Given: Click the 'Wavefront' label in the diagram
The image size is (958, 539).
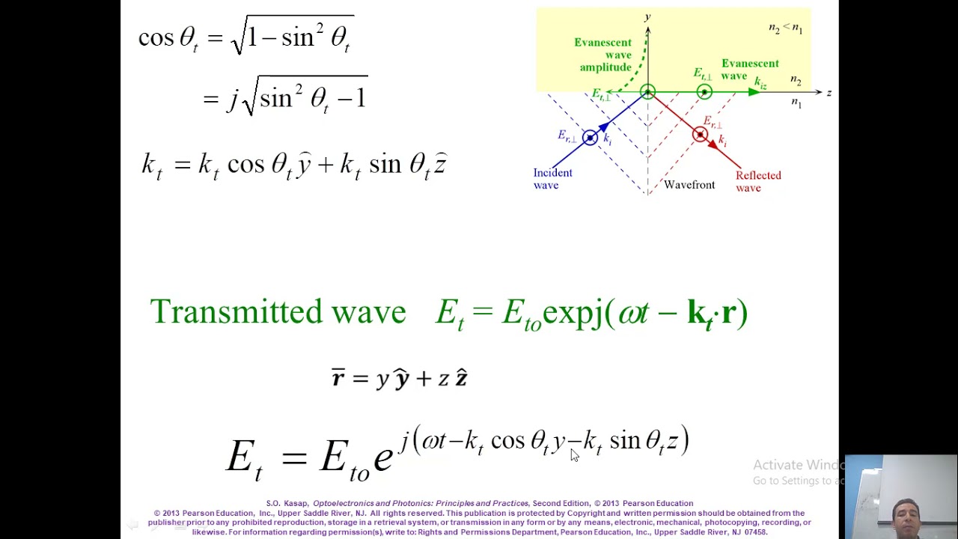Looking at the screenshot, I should coord(689,185).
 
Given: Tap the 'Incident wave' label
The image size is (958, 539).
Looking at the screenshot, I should coord(552,179).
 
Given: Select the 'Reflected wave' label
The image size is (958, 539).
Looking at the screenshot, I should coord(757,181).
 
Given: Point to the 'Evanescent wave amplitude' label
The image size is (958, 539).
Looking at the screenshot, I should coord(603,55).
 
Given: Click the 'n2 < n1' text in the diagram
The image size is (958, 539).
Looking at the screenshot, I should coord(785,28).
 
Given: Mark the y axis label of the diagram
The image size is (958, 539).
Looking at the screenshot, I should coord(647,17).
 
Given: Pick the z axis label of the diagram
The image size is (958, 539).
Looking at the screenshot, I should coord(829,93).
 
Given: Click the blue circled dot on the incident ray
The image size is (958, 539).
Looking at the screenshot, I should coord(590,137).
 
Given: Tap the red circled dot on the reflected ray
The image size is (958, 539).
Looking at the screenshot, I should coord(700,135).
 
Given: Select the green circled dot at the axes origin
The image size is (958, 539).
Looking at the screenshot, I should coord(647,92).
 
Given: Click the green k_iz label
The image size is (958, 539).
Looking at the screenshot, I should coord(760,83).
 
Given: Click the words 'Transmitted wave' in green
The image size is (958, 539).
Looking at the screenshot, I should coord(278,312).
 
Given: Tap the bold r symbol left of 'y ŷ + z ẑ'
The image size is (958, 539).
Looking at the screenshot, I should coord(338,378).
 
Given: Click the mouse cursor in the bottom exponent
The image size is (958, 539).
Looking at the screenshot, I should coord(574,455).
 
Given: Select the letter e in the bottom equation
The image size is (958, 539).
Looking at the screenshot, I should coord(382,457).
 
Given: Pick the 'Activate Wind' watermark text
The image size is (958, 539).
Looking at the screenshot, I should coord(798,465).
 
